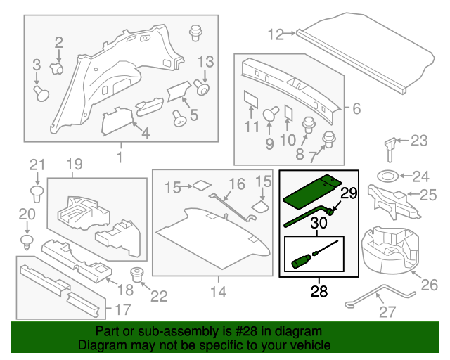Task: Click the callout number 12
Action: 275,32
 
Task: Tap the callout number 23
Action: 419,141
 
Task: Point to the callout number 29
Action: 349,193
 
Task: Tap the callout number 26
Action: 429,285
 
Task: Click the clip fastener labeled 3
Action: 41,91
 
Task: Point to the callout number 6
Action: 356,109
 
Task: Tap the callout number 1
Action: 120,156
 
